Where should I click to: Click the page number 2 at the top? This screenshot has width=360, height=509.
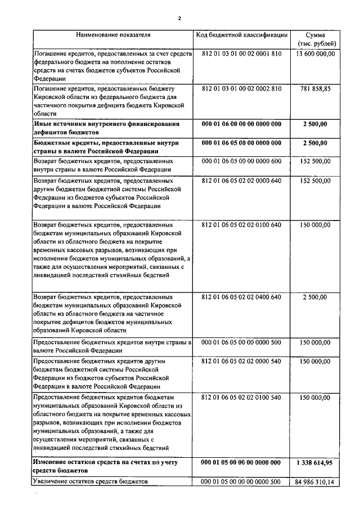pos(179,18)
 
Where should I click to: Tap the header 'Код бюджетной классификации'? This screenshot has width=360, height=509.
pos(242,35)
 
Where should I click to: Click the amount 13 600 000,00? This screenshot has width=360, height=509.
pos(315,54)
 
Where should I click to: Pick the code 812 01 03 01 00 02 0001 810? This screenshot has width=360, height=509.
pos(241,54)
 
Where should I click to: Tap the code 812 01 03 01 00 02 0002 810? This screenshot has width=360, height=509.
pos(241,89)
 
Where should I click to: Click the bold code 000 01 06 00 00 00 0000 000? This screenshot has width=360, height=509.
pos(241,124)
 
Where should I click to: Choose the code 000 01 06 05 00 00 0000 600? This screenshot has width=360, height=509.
pos(241,161)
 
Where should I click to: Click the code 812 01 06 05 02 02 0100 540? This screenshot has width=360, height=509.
pos(241,397)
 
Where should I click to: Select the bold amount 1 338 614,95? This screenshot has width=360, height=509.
pos(314,462)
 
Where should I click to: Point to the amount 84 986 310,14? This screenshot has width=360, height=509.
pos(314,482)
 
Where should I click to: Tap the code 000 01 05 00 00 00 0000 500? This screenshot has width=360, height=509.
pos(241,482)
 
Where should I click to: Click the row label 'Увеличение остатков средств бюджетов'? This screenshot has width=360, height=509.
pos(91,482)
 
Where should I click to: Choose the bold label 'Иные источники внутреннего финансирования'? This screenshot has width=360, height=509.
pos(106,124)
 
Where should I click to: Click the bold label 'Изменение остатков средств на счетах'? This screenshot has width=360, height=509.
pos(109,462)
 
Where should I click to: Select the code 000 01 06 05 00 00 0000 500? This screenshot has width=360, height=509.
pos(241,342)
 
